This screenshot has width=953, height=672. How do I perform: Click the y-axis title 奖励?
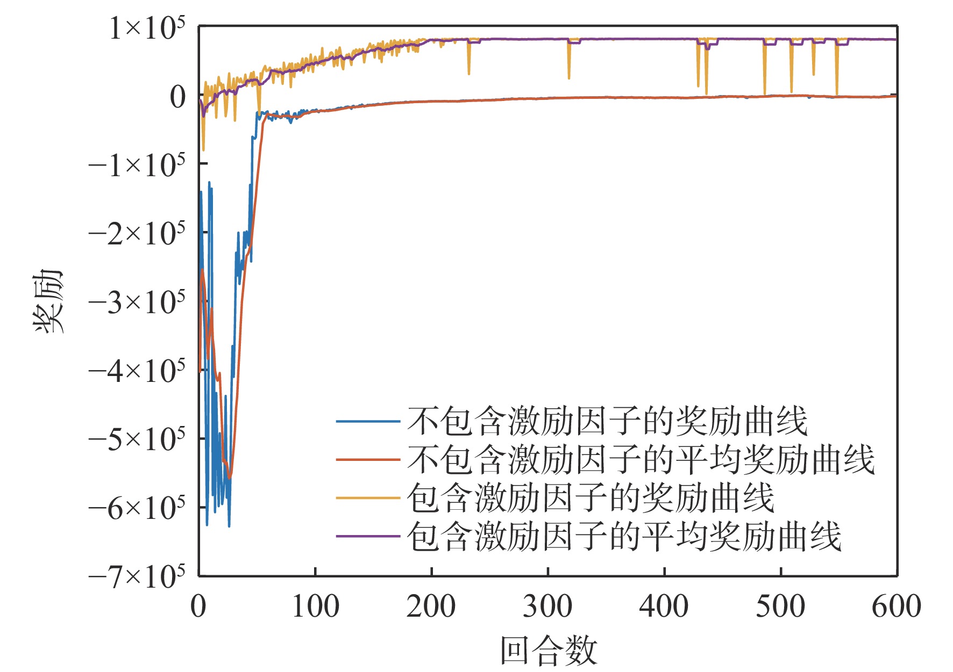48,301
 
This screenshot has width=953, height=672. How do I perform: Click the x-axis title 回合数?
549,651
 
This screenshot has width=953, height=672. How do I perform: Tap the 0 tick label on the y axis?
177,97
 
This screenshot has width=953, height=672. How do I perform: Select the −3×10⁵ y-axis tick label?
137,303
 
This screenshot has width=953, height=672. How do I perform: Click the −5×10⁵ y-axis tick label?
137,440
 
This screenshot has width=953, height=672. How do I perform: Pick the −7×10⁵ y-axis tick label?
137,577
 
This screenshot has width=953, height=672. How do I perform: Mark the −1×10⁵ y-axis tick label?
137,165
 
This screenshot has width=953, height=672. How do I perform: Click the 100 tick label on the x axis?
315,606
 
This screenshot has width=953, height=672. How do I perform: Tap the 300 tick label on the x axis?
547,606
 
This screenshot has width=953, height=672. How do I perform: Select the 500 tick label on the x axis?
780,606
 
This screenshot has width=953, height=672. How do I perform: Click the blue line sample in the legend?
368,421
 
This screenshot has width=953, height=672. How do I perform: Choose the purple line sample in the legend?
368,536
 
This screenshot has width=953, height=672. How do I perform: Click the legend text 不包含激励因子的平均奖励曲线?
641,460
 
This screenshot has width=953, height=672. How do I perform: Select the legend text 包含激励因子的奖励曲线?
591,498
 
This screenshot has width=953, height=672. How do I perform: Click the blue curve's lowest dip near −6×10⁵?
229,525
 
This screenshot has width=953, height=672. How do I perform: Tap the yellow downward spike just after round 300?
569,78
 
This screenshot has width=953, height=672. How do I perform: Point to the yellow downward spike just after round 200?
469,74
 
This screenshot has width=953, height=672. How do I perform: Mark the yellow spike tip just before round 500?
765,93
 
